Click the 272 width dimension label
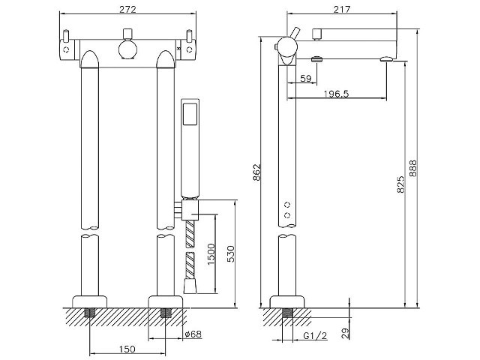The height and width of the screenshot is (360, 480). pos(127,9)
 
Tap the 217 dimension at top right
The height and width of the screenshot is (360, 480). pos(342,9)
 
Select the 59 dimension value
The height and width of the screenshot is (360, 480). pos(305,79)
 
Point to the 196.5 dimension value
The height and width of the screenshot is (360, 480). pos(336,94)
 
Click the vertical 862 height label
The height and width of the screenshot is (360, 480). pos(256,172)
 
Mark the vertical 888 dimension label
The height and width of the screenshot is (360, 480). pos(413,168)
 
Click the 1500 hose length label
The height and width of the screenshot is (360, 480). pos(211,254)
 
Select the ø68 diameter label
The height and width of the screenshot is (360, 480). pos(193,334)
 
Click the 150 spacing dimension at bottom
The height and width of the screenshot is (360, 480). pos(127,349)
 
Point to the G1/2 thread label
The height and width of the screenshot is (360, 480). pos(315,335)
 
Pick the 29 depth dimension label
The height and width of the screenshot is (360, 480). pos(345,333)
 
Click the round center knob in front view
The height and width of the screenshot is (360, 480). pos(127,49)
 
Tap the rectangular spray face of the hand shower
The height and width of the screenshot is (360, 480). pos(190,114)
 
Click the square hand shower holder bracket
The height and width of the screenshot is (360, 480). pos(190,210)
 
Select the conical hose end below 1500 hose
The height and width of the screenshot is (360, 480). pos(190,286)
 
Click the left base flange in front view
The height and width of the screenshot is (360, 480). pos(89,301)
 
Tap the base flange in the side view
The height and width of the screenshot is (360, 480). pos(286,301)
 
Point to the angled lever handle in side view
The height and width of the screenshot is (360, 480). pos(295,32)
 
